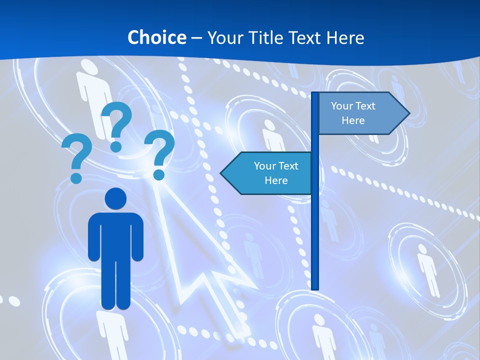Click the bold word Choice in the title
click(x=156, y=37)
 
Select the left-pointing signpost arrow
click(x=267, y=173)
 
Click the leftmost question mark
click(x=77, y=157)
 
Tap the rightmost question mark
click(x=160, y=152)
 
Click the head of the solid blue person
click(x=115, y=198)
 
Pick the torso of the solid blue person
click(x=115, y=235)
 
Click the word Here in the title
click(x=345, y=37)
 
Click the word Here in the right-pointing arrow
click(x=353, y=120)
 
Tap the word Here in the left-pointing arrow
click(x=276, y=180)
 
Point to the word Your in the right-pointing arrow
click(x=342, y=106)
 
